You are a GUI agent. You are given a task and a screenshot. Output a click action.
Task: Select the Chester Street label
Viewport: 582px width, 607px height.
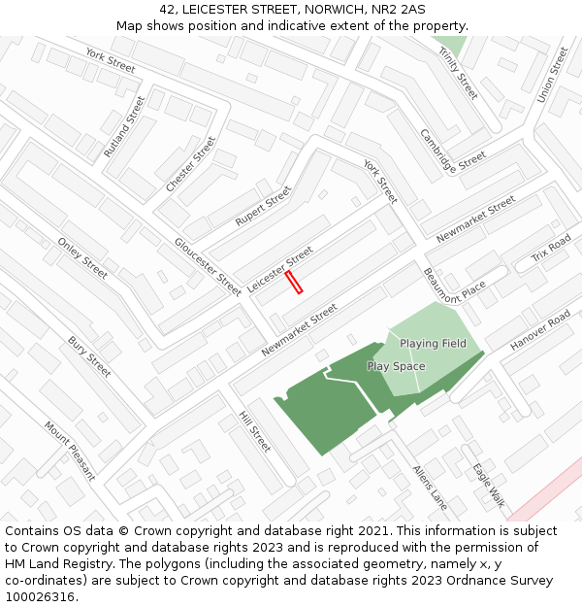190,163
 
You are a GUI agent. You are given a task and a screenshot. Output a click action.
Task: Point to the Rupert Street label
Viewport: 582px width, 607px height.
263,207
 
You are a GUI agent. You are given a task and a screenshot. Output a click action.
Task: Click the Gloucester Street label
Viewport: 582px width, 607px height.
208,266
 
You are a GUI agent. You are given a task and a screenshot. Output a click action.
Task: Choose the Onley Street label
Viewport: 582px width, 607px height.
82,258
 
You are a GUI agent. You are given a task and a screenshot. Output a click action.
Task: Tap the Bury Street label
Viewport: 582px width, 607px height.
89,356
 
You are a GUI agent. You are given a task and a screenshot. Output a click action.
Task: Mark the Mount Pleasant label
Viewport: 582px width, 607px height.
69,451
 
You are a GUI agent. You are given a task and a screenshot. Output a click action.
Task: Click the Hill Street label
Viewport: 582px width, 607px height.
255,431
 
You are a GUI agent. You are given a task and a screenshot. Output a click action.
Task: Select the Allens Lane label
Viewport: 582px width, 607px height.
430,488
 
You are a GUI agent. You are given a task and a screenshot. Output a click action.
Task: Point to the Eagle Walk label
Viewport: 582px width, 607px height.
489,485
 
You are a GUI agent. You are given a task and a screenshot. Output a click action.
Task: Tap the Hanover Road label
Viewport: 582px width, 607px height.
540,331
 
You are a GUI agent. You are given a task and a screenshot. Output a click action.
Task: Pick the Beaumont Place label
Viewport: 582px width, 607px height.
454,287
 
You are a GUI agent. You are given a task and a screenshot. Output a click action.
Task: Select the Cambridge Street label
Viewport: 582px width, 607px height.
452,152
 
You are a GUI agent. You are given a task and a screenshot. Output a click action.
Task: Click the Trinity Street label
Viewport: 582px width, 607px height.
458,74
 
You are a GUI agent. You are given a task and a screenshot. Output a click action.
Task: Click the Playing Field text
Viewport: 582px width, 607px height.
433,344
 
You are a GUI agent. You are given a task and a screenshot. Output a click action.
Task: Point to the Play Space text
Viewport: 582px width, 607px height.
396,366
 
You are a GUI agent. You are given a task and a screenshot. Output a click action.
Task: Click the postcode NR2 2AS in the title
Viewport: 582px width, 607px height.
400,9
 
